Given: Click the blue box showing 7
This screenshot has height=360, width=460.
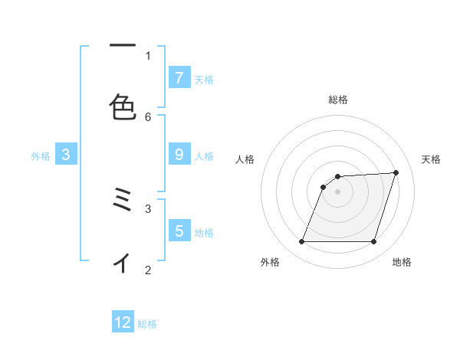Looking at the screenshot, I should (x=179, y=77).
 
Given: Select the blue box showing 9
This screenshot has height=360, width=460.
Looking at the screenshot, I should (x=179, y=154).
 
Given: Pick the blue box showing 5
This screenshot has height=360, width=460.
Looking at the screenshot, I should (x=179, y=231).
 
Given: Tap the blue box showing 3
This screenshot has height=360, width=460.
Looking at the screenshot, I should (x=66, y=154).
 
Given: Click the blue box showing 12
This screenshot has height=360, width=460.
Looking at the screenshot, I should (x=123, y=322).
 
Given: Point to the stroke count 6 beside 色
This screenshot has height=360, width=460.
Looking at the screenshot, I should (x=148, y=116).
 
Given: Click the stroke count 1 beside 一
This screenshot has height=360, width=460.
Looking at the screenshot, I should (x=148, y=55).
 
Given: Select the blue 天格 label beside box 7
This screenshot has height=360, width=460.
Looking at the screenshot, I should (x=203, y=79).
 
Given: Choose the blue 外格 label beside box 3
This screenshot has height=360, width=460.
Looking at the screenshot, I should (x=41, y=155).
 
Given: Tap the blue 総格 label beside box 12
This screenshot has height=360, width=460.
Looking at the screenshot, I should (x=147, y=324).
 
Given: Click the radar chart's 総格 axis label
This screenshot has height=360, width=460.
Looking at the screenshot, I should (x=338, y=100).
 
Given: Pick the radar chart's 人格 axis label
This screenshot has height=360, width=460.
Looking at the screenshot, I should (x=245, y=159).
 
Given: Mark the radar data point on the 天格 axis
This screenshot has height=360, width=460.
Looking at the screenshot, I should (x=396, y=173).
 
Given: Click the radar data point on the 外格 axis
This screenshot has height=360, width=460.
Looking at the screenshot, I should (x=302, y=242).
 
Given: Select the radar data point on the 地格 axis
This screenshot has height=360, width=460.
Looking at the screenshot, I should (x=373, y=242).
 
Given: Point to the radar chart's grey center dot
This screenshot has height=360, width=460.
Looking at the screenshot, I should (x=338, y=191).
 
